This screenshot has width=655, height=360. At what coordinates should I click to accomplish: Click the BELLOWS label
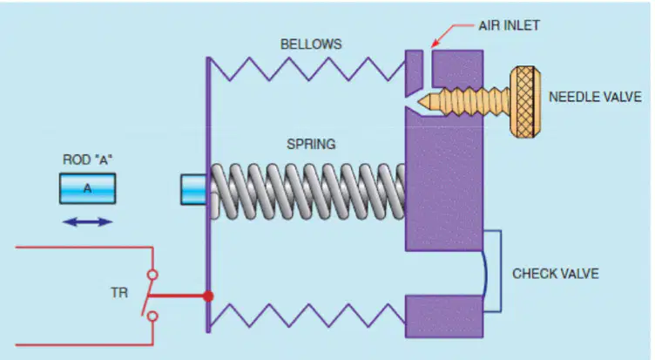click(311, 44)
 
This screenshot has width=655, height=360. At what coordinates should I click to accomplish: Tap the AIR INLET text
click(510, 25)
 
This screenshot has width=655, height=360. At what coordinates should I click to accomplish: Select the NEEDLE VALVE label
click(595, 97)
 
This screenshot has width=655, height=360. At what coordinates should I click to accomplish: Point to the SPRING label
click(311, 144)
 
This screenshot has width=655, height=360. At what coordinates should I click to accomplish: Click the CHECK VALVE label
click(556, 274)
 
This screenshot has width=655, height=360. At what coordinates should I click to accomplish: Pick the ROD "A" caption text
click(88, 160)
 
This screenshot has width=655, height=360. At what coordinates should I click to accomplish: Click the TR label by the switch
click(119, 293)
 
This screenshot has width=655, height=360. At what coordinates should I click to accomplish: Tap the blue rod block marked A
click(88, 188)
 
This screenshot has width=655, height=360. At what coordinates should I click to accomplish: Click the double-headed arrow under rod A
click(88, 222)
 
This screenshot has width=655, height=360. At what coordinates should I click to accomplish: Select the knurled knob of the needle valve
click(525, 102)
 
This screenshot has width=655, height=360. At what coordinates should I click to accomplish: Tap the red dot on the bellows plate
click(208, 296)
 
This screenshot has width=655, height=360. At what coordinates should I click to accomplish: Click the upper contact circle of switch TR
click(153, 275)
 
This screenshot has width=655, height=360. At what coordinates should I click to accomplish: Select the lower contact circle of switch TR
click(153, 316)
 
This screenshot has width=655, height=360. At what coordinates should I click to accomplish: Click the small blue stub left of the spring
click(193, 190)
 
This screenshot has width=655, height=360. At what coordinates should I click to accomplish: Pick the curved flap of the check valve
click(485, 274)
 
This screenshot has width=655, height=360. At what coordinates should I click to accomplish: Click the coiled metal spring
click(307, 192)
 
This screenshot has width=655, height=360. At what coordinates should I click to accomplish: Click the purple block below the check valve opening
click(444, 316)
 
